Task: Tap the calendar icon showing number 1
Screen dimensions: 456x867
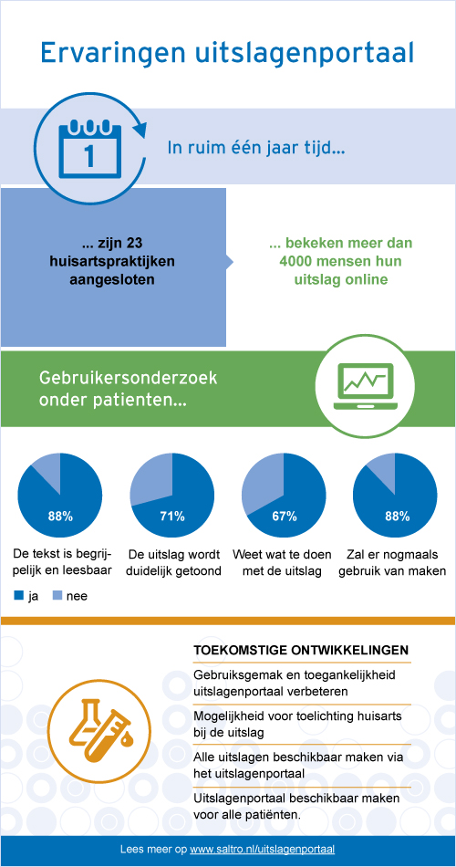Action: pos(89,148)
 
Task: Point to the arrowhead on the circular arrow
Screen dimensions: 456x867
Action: pos(141,130)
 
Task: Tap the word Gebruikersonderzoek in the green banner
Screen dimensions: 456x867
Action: pos(128,381)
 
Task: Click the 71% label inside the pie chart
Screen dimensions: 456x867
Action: pos(171,517)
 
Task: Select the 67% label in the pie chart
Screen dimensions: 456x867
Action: pos(285,517)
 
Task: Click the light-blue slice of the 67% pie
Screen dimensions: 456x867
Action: pos(261,485)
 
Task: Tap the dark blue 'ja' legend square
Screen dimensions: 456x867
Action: pos(19,596)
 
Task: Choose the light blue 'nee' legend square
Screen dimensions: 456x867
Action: pos(56,596)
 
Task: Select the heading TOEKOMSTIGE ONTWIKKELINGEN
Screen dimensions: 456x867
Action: pos(302,650)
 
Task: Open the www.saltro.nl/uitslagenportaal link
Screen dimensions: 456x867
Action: pos(262,849)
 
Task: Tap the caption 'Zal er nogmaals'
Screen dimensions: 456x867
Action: pos(396,555)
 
